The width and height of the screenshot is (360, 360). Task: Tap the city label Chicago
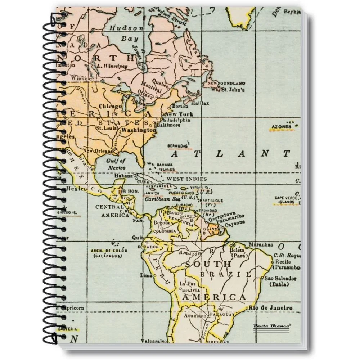click(110, 106)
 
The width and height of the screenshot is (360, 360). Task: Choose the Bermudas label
click(177, 146)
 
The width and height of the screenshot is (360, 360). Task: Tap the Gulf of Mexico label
click(116, 164)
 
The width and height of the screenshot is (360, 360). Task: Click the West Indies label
click(186, 179)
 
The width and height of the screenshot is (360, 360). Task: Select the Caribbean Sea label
click(162, 198)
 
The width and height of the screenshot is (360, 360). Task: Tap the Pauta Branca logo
click(272, 326)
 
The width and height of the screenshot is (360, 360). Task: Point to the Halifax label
click(200, 103)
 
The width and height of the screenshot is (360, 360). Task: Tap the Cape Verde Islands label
click(287, 200)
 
